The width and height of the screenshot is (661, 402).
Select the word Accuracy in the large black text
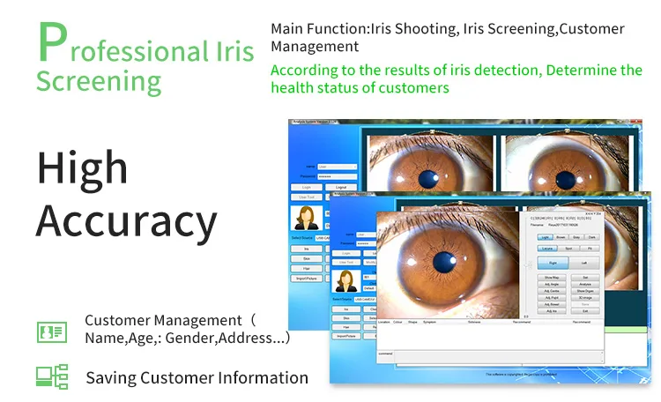[126, 221]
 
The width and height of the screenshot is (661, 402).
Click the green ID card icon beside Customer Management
[51, 331]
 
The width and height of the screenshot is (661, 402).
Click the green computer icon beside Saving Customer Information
[51, 376]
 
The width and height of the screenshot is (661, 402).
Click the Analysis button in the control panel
[584, 284]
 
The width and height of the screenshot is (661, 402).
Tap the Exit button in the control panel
[584, 311]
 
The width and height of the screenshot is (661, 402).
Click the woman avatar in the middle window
[344, 280]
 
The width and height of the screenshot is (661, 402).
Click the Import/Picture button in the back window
[306, 278]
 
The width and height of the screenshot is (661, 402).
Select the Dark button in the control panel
[592, 237]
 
